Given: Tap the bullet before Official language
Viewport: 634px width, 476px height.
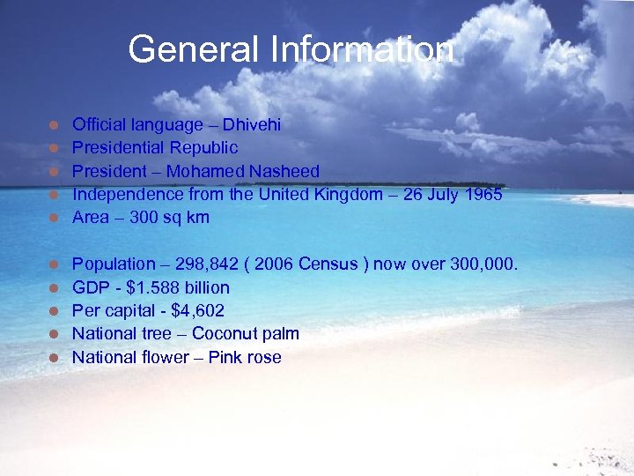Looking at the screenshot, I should tap(54, 125).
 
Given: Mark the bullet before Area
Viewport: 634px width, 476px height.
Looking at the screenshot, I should tap(54, 218).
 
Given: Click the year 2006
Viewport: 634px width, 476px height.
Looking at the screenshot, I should tap(274, 264).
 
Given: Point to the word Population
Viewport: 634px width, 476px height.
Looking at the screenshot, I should tap(112, 264).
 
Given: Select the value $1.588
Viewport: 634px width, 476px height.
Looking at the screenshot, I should tap(153, 287).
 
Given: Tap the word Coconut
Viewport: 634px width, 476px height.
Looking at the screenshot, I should tap(224, 333).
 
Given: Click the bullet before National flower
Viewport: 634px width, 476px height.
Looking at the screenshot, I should tap(54, 358).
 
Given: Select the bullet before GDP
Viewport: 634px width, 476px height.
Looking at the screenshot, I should tap(54, 288).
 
